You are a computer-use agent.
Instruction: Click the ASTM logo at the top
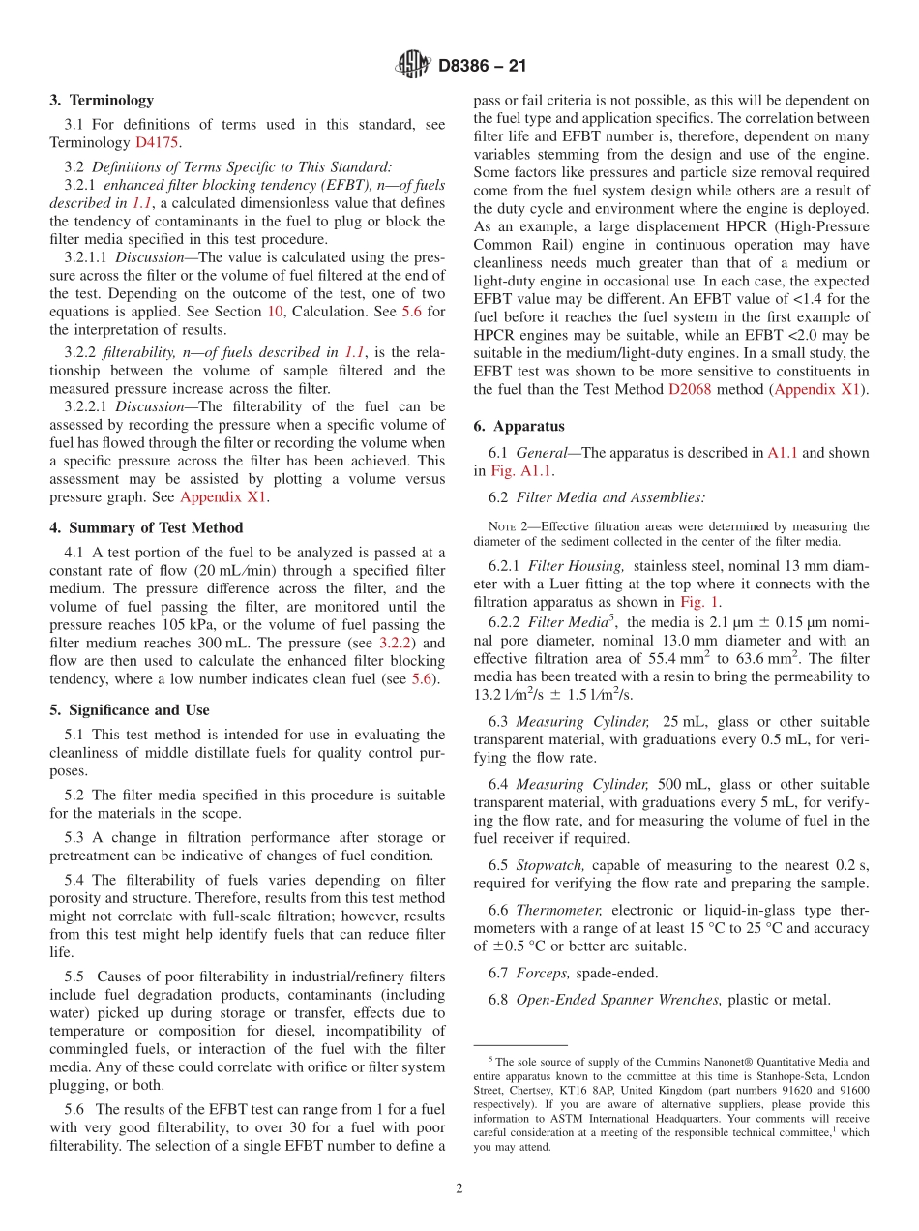(413, 66)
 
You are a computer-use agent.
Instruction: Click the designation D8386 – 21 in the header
(482, 67)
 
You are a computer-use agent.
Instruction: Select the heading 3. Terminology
(101, 100)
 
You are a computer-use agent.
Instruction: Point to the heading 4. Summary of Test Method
(146, 527)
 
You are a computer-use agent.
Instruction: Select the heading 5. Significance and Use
(129, 709)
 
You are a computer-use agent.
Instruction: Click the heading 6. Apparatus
(519, 426)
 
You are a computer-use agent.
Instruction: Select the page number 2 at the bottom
(459, 1189)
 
